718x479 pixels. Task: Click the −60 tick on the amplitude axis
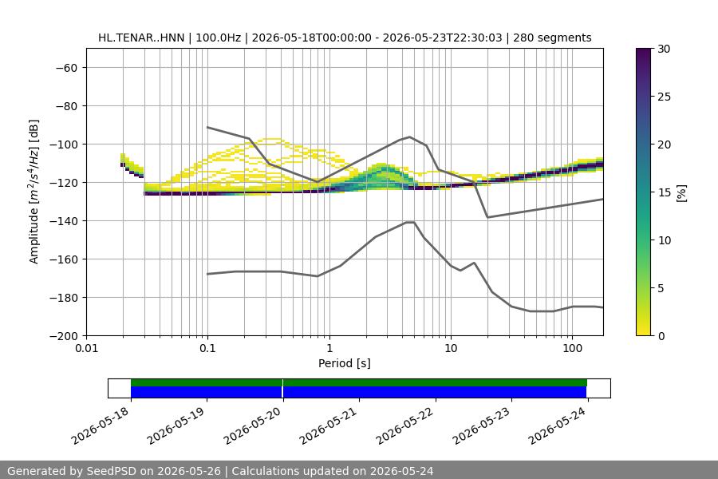pyautogui.click(x=66, y=68)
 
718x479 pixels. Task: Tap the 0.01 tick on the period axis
pyautogui.click(x=86, y=348)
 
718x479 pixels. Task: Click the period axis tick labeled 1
pyautogui.click(x=329, y=348)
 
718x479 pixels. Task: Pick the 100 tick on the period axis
pyautogui.click(x=572, y=348)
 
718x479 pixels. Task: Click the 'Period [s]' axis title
pyautogui.click(x=345, y=363)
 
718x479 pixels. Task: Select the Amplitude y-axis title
pyautogui.click(x=34, y=192)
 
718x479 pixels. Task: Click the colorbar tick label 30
pyautogui.click(x=664, y=49)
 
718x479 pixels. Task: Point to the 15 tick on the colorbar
pyautogui.click(x=664, y=192)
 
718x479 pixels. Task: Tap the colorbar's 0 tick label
pyautogui.click(x=661, y=336)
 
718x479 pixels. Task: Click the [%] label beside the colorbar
pyautogui.click(x=682, y=193)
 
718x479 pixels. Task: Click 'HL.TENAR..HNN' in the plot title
pyautogui.click(x=141, y=38)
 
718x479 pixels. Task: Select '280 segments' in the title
pyautogui.click(x=552, y=38)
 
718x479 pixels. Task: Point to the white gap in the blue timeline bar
pyautogui.click(x=282, y=392)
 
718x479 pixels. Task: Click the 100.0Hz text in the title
pyautogui.click(x=218, y=38)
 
